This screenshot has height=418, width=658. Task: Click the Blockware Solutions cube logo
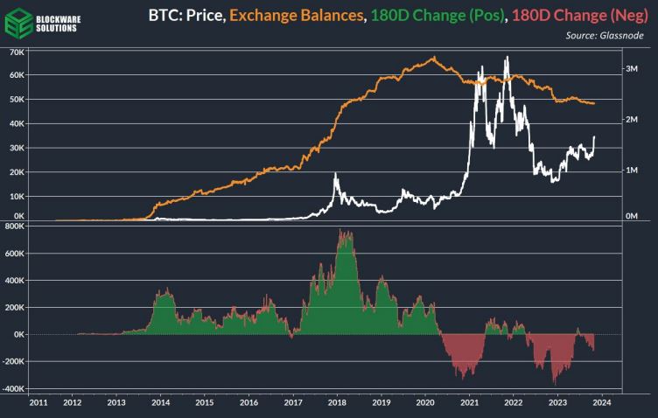coord(17,21)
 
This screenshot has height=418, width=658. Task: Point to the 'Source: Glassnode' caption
coord(604,35)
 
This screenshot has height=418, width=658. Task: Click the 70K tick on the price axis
coord(15,52)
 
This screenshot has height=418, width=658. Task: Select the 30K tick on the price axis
coord(15,149)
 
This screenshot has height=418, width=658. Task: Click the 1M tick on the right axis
coord(629,171)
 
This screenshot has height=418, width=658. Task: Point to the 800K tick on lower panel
coord(12,226)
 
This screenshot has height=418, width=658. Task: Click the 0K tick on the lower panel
coord(16,334)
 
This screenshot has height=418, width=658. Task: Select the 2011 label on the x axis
coord(38,403)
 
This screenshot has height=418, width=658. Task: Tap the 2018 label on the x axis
coord(338,403)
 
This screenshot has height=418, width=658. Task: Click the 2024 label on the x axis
coord(601,403)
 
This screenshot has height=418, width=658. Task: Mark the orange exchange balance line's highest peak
coord(434,58)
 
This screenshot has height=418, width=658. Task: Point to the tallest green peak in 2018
coord(342,231)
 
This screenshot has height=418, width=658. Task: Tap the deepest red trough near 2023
coord(554,383)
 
